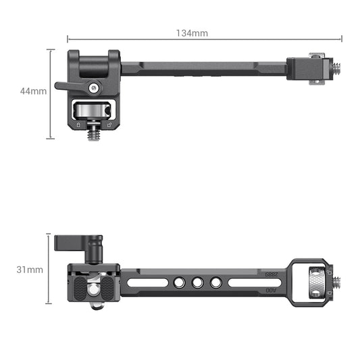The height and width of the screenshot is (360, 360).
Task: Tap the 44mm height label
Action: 33,91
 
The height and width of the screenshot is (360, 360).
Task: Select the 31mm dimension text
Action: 30,269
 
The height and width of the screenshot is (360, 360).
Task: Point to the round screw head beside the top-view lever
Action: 95,86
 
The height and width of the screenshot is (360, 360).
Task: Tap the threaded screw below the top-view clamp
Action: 94,135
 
